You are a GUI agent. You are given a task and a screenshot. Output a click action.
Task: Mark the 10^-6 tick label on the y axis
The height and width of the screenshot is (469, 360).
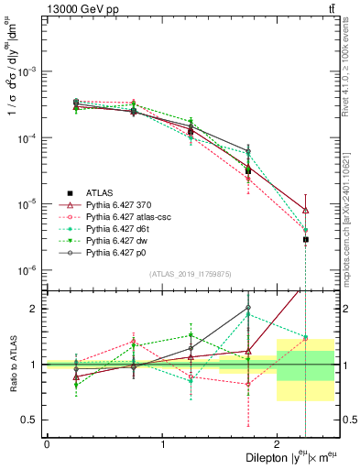point(29,270)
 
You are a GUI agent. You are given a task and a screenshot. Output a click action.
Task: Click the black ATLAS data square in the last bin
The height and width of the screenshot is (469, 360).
point(305,239)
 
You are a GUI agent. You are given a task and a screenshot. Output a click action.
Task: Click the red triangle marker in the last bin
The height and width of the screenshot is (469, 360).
point(305,210)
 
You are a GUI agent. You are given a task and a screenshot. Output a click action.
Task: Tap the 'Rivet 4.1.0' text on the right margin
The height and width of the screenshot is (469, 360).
point(352,55)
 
